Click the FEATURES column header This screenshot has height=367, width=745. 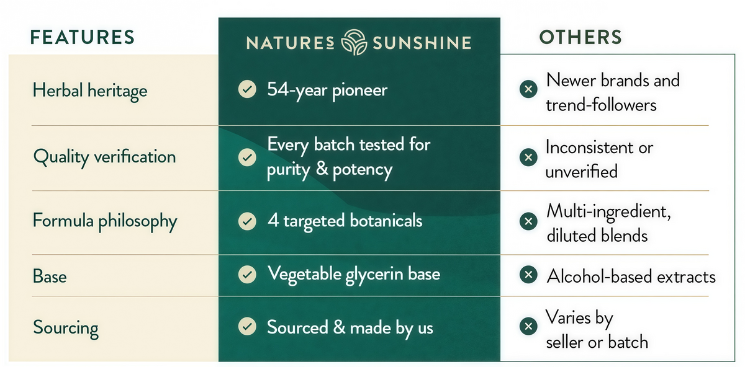pyautogui.click(x=83, y=37)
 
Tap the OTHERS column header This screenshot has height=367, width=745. pyautogui.click(x=580, y=37)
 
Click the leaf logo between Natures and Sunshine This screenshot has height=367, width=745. pyautogui.click(x=354, y=42)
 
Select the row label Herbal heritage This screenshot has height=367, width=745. pyautogui.click(x=90, y=91)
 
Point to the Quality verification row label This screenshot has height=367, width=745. pyautogui.click(x=104, y=157)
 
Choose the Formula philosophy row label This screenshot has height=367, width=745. pyautogui.click(x=105, y=221)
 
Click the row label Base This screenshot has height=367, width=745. pyautogui.click(x=50, y=276)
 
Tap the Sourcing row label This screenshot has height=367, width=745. pyautogui.click(x=66, y=328)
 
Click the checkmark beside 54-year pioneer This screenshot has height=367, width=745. pyautogui.click(x=247, y=89)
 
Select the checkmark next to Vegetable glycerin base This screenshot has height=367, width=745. pyautogui.click(x=247, y=275)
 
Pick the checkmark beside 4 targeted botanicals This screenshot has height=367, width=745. pyautogui.click(x=247, y=221)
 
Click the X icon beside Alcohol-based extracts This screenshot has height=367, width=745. pyautogui.click(x=528, y=275)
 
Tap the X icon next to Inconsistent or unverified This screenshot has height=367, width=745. pyautogui.click(x=528, y=157)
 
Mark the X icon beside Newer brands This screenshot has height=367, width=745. pyautogui.click(x=528, y=89)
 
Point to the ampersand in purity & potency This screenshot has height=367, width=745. pyautogui.click(x=322, y=169)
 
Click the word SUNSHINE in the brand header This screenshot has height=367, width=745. pyautogui.click(x=422, y=43)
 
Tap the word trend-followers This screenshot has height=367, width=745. pyautogui.click(x=601, y=105)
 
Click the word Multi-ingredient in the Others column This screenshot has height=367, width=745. pyautogui.click(x=608, y=212)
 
